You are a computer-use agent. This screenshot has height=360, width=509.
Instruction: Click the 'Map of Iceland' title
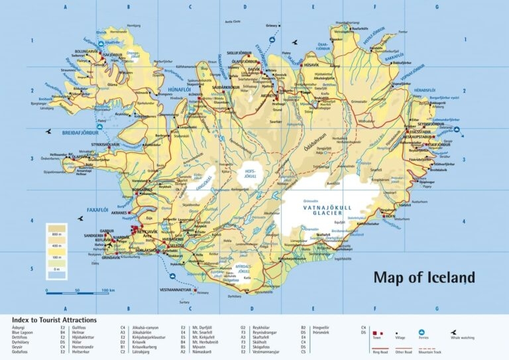[424, 276]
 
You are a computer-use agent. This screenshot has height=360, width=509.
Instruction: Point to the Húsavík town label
[311, 65]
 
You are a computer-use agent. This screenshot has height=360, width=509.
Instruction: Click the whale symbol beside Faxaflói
[80, 217]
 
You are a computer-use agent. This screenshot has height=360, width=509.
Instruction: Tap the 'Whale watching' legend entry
[475, 337]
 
